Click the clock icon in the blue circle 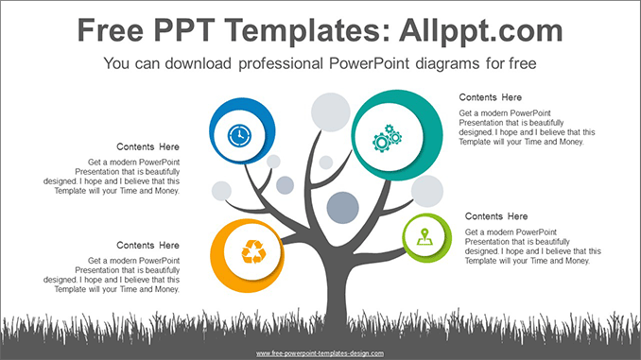(x=239, y=135)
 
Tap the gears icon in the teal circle (x=388, y=139)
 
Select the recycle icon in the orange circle (x=252, y=250)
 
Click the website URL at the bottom (x=320, y=353)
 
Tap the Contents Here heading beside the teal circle (x=490, y=97)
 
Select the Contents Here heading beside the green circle (x=495, y=216)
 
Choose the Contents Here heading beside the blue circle (x=147, y=147)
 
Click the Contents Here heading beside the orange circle (x=147, y=246)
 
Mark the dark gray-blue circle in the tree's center (x=342, y=206)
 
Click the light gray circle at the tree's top (x=331, y=111)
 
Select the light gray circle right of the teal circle (x=427, y=191)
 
